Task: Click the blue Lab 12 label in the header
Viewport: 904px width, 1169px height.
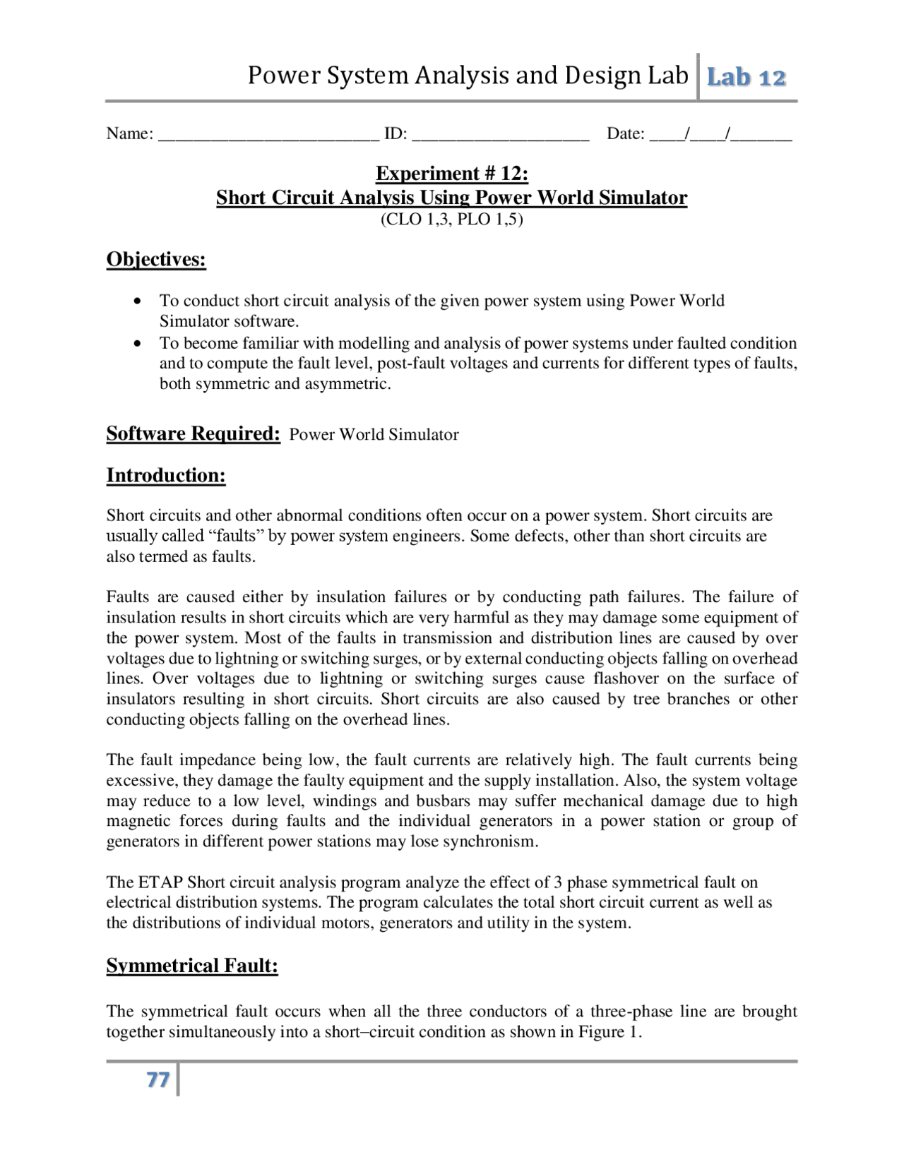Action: (747, 77)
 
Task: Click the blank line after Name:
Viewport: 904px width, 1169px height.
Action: (268, 135)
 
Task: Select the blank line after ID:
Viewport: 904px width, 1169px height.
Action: (500, 135)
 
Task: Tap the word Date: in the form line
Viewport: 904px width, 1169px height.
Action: (626, 134)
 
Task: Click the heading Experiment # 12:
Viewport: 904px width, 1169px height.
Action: (452, 174)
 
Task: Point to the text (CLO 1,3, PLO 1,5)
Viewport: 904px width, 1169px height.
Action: (452, 220)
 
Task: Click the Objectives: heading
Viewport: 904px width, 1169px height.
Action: (156, 260)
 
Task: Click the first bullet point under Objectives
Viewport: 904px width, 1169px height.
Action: (138, 301)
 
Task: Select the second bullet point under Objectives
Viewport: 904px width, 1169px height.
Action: (138, 344)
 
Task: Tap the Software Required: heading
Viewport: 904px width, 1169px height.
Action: (194, 433)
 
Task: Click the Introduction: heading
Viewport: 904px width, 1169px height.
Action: (166, 476)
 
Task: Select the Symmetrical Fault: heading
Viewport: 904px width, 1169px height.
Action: (192, 966)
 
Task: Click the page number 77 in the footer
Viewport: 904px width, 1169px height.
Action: (158, 1080)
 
